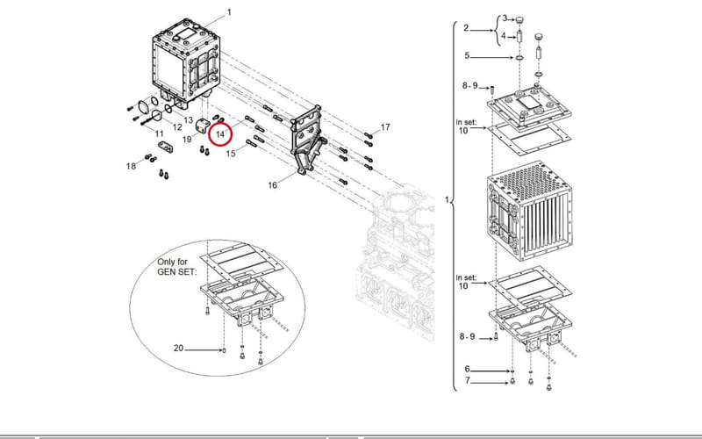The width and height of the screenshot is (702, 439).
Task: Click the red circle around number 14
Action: (x=210, y=134)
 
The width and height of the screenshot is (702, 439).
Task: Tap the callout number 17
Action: (x=385, y=127)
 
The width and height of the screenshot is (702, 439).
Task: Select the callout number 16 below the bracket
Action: (x=273, y=185)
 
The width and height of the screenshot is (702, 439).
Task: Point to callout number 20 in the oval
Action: (x=178, y=348)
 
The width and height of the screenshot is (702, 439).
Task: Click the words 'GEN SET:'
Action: (x=177, y=272)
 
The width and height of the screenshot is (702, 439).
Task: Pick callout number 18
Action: (x=131, y=167)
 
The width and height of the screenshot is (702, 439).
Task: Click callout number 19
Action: (x=187, y=140)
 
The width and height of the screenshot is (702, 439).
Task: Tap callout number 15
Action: (x=231, y=154)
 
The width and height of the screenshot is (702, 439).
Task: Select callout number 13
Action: (x=188, y=120)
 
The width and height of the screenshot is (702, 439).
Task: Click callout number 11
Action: (x=160, y=133)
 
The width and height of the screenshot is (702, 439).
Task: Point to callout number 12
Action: (x=177, y=127)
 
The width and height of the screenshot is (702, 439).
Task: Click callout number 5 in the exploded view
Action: (x=467, y=55)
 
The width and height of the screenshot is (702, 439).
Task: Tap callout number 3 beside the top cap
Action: (x=505, y=18)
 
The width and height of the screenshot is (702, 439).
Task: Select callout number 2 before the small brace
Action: (x=466, y=28)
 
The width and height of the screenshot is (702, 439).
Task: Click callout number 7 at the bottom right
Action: (x=468, y=381)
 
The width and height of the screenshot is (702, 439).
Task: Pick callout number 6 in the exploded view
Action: (x=467, y=369)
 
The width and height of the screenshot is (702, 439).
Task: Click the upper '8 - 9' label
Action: (x=469, y=85)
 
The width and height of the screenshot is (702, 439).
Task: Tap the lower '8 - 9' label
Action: (x=467, y=336)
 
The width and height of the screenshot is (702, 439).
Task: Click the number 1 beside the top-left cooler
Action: (x=229, y=12)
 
